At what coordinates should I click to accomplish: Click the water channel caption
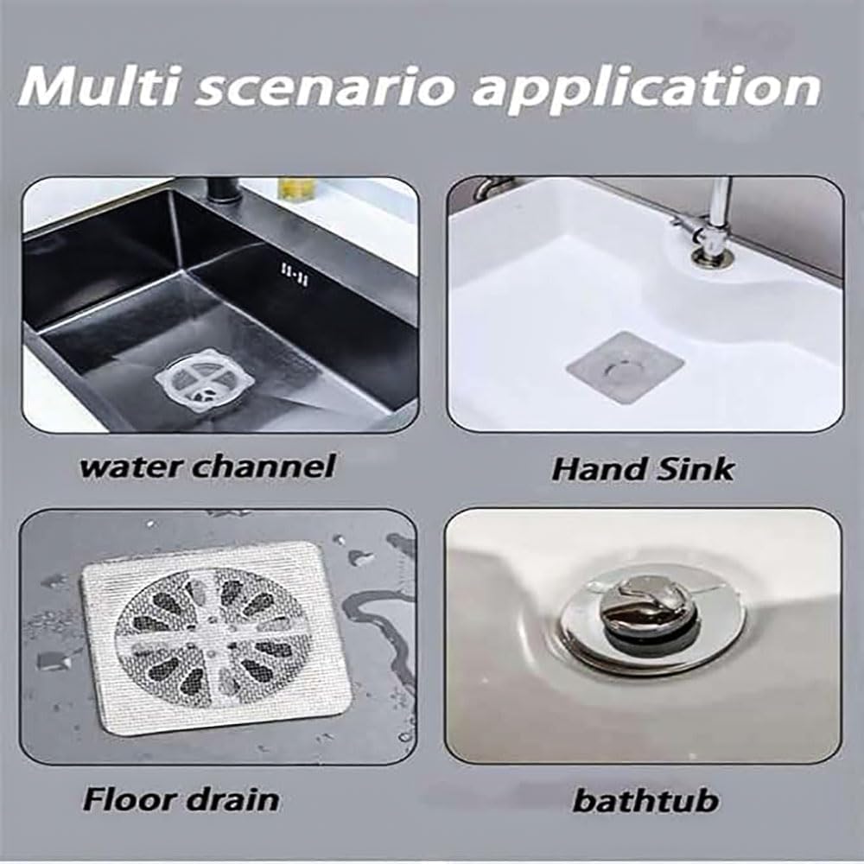coord(207,467)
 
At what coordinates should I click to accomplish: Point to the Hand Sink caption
coord(643,469)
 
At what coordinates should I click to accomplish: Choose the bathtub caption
coord(645,800)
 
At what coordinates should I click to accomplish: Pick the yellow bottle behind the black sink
coord(294,188)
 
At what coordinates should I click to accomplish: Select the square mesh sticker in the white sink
coord(626,367)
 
